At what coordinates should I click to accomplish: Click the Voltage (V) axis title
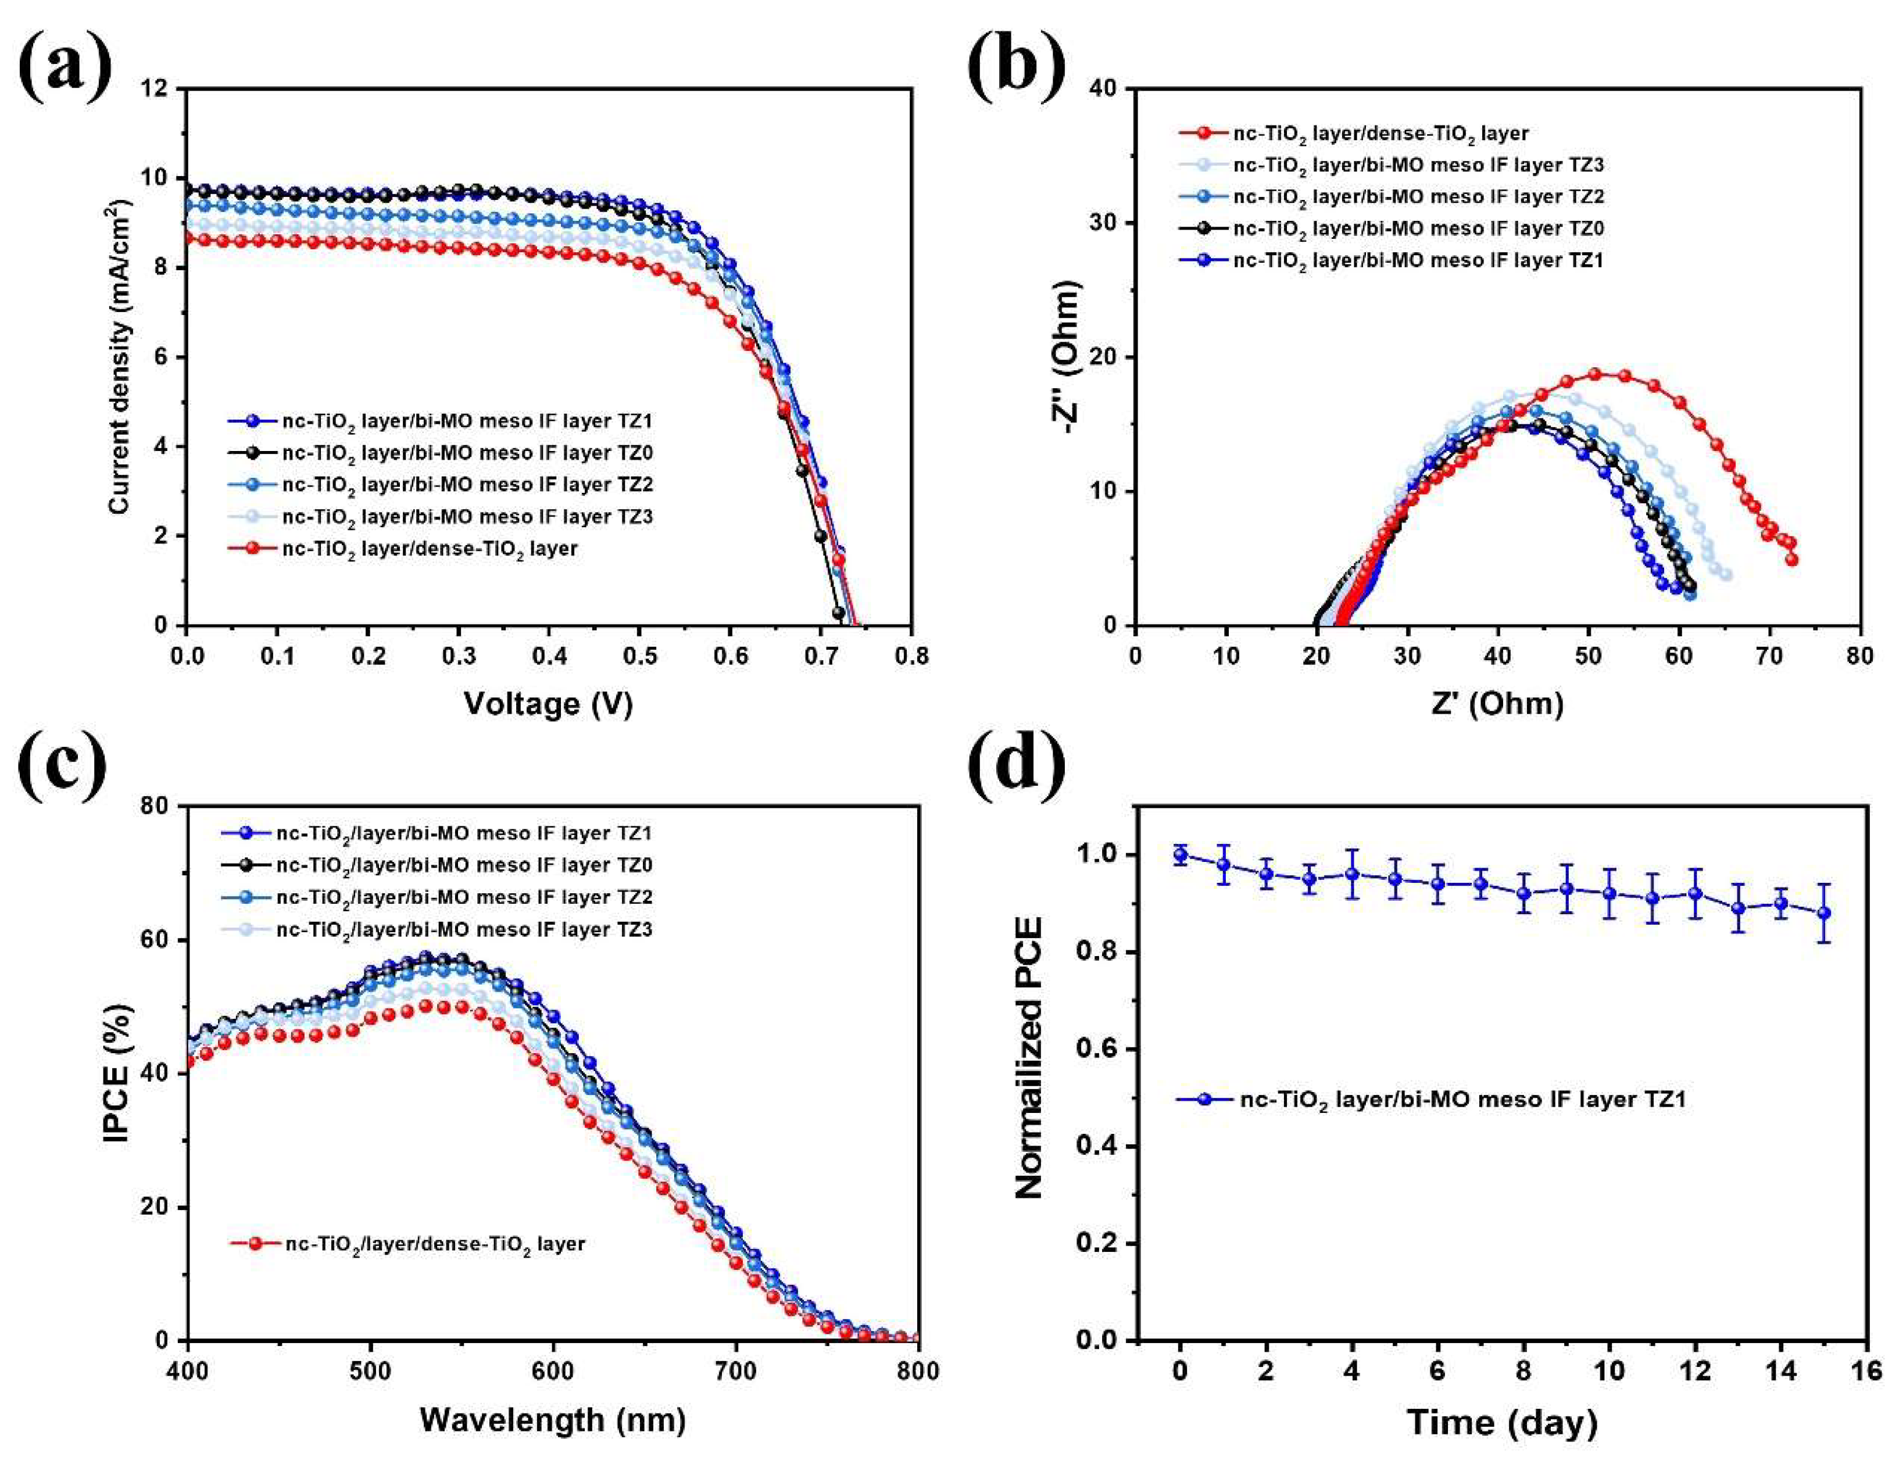(548, 703)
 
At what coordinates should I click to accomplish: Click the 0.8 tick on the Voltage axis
(910, 656)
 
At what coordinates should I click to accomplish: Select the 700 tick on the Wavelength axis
(735, 1372)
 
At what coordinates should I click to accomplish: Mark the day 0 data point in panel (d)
(1180, 855)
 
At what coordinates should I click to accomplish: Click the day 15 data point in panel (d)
(1823, 913)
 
